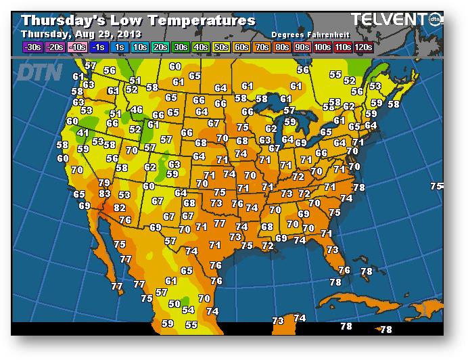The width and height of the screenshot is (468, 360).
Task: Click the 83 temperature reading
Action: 105,194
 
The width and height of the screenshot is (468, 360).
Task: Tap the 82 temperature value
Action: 120,208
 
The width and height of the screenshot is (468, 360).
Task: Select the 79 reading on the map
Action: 104,183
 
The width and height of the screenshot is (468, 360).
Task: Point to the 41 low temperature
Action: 83,133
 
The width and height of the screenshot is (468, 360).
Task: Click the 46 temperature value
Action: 137,110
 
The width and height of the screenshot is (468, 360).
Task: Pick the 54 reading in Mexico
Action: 188,310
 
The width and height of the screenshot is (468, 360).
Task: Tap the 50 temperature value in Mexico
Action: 174,304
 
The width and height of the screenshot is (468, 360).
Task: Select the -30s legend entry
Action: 32,47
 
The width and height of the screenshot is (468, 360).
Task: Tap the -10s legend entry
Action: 77,47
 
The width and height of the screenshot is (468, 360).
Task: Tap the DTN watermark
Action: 39,72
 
